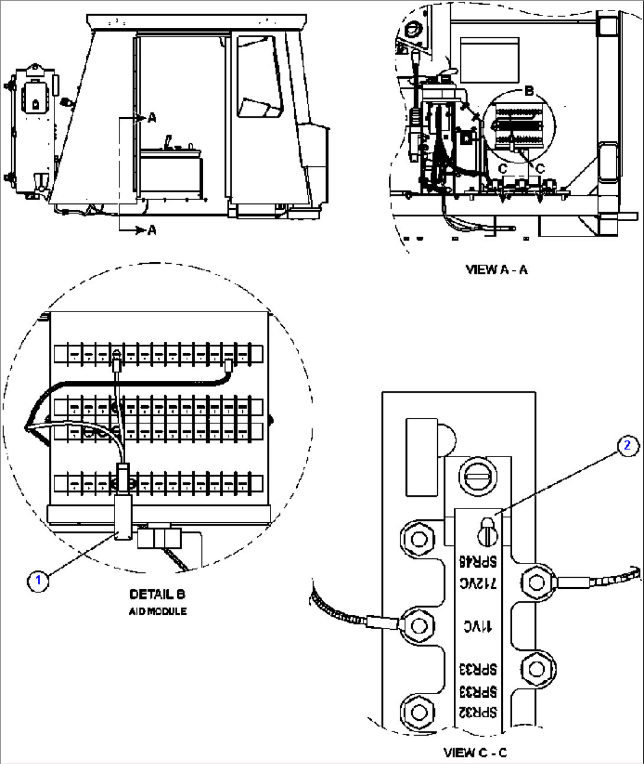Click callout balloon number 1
[x=38, y=580]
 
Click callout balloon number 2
[x=628, y=446]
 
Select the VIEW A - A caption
[x=496, y=270]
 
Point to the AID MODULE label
[x=157, y=611]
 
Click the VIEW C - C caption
[x=475, y=753]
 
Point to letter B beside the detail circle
[x=529, y=91]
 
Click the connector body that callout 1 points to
[x=123, y=517]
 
